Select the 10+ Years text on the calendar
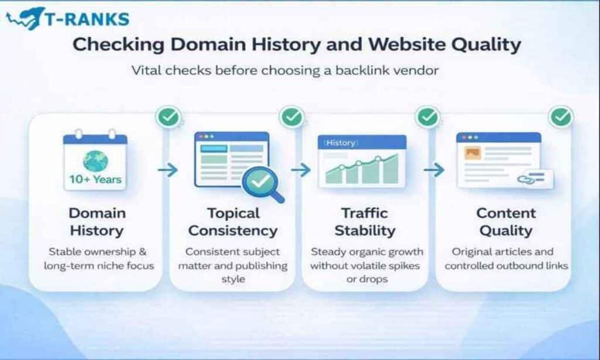click(x=95, y=179)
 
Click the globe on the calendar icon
click(x=95, y=160)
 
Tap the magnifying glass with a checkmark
click(x=261, y=184)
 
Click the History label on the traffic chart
click(x=340, y=142)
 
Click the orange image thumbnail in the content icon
click(x=472, y=154)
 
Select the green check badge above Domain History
click(x=169, y=117)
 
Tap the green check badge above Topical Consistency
click(x=291, y=117)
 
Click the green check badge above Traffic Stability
click(x=427, y=117)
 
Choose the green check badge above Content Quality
click(x=560, y=117)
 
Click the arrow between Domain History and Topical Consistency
click(x=168, y=170)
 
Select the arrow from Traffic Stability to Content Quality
click(x=434, y=170)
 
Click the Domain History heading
click(x=97, y=221)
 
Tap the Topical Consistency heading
click(x=233, y=221)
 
